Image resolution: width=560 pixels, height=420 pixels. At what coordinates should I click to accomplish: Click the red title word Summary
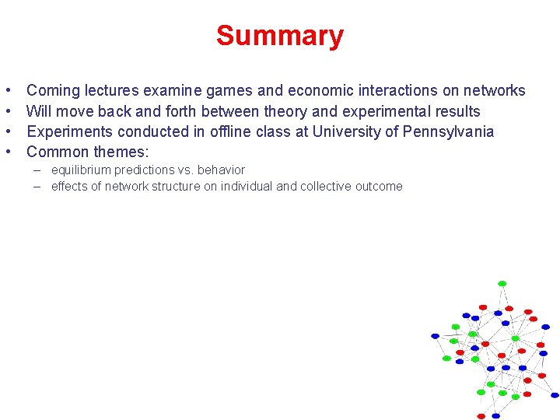coord(279,36)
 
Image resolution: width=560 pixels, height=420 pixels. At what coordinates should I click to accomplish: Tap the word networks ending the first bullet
coord(496,91)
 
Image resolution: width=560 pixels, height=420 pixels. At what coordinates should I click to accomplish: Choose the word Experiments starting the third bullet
coord(69,131)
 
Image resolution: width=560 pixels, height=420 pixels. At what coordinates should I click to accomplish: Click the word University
coord(345,131)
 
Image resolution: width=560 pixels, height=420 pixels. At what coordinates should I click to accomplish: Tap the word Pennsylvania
coord(448,131)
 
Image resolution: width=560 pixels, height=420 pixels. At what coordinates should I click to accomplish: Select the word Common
coord(58,152)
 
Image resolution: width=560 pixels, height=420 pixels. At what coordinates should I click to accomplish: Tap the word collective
coord(317,187)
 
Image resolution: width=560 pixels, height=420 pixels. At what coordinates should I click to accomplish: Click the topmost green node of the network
coord(502,283)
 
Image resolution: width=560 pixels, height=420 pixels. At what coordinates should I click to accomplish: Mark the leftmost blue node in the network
coord(436,336)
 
